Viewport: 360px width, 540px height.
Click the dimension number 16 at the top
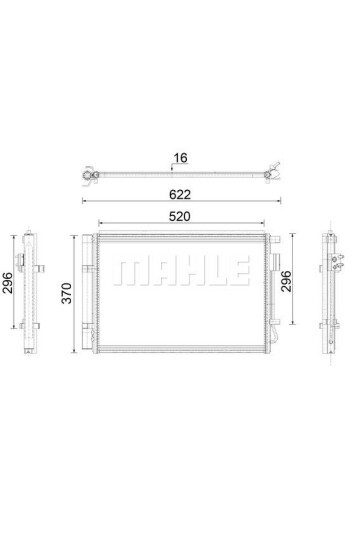pos(180,158)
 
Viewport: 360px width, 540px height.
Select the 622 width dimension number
pos(180,195)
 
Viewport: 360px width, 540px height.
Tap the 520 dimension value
pos(179,216)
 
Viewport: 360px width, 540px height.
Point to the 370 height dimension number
pos(66,293)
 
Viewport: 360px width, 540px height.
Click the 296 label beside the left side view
pos(7,283)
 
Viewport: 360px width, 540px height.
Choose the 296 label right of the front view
pos(286,281)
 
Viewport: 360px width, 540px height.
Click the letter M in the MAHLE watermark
pos(127,271)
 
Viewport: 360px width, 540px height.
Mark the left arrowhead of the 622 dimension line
pos(84,200)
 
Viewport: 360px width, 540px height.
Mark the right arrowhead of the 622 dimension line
pos(279,200)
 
